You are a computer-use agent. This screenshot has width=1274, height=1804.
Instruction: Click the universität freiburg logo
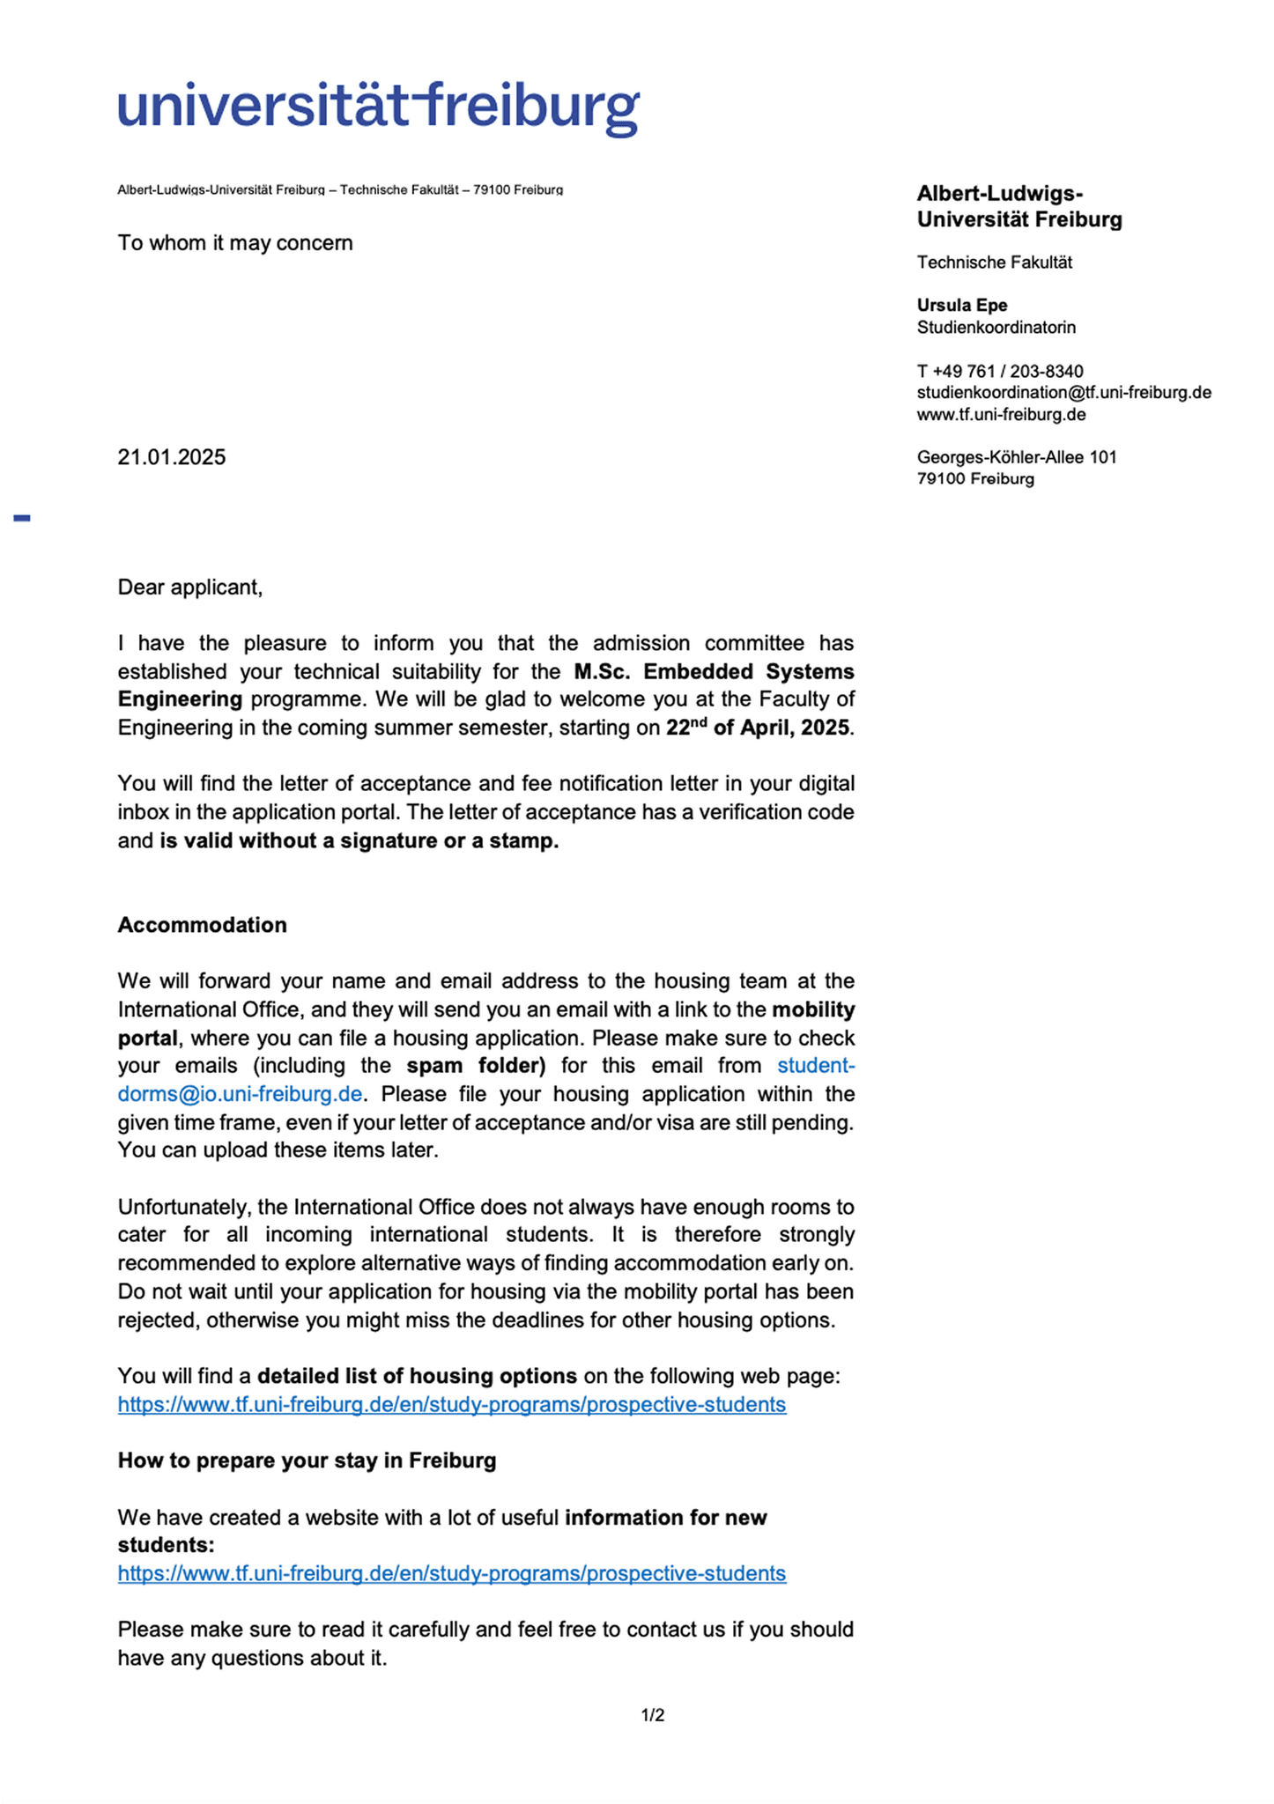tap(378, 109)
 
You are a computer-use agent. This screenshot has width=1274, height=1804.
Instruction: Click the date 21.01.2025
tap(172, 457)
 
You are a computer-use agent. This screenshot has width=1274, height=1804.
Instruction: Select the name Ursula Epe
tap(962, 306)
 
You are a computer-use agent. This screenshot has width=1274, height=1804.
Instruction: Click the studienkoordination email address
tap(1063, 393)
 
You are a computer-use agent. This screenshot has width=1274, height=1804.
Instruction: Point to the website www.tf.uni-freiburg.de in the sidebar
tap(1001, 415)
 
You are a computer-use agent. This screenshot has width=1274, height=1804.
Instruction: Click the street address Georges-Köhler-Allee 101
tap(1017, 457)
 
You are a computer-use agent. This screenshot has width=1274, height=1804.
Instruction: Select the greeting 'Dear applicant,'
tap(190, 588)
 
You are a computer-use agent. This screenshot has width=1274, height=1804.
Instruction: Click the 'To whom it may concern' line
tap(235, 243)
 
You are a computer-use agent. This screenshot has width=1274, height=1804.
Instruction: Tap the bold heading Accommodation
tap(203, 925)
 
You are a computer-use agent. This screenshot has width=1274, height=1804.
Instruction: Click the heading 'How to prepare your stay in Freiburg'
tap(307, 1460)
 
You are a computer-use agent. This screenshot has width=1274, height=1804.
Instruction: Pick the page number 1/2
tap(653, 1715)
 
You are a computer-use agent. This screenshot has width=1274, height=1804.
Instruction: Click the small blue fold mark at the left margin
tap(22, 518)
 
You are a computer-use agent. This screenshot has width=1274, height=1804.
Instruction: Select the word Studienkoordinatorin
tap(996, 328)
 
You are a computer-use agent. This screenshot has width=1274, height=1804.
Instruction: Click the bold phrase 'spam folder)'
tap(476, 1066)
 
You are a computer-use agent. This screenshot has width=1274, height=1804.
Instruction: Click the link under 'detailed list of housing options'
tap(452, 1404)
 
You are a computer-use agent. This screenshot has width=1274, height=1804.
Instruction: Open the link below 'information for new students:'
tap(452, 1573)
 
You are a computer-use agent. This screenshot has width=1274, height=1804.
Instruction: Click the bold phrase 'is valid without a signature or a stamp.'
tap(359, 840)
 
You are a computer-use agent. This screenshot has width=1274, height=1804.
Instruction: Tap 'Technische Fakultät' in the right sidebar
tap(995, 262)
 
